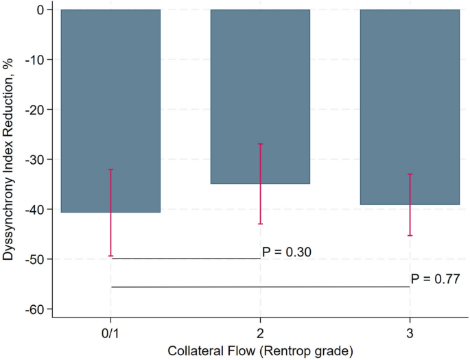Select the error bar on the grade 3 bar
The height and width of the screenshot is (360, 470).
(x=410, y=205)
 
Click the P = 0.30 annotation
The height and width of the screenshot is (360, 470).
(x=287, y=252)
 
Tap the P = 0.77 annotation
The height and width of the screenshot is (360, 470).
(x=435, y=279)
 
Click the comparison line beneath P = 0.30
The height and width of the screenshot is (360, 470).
(x=185, y=259)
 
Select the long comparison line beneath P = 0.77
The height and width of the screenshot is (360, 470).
(x=260, y=287)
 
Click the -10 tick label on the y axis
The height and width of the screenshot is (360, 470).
(x=35, y=60)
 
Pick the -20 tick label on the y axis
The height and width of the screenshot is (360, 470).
(x=35, y=110)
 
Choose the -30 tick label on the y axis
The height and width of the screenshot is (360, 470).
(x=35, y=159)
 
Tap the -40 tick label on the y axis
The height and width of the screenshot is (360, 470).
(x=35, y=209)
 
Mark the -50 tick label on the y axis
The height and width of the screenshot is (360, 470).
(x=35, y=259)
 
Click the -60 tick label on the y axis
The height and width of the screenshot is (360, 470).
(x=35, y=309)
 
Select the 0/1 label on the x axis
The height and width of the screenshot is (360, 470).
(x=110, y=333)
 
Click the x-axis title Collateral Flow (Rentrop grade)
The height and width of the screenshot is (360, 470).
(x=260, y=351)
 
